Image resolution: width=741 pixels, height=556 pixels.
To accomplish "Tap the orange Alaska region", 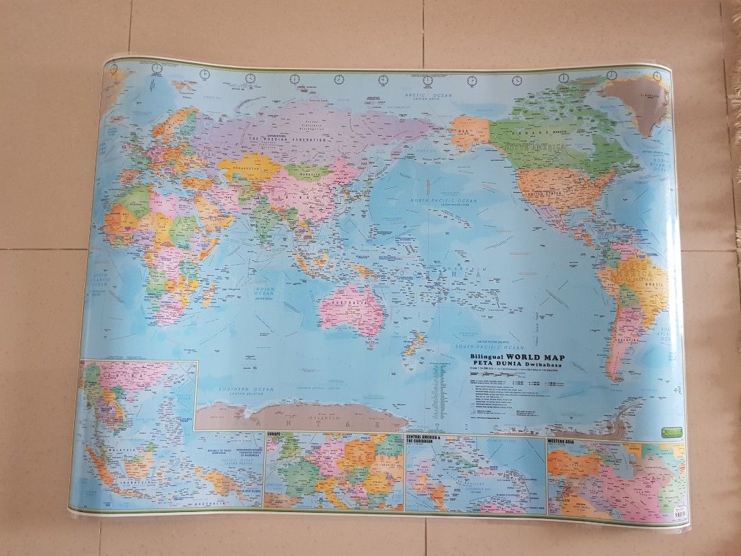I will click(x=469, y=130).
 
